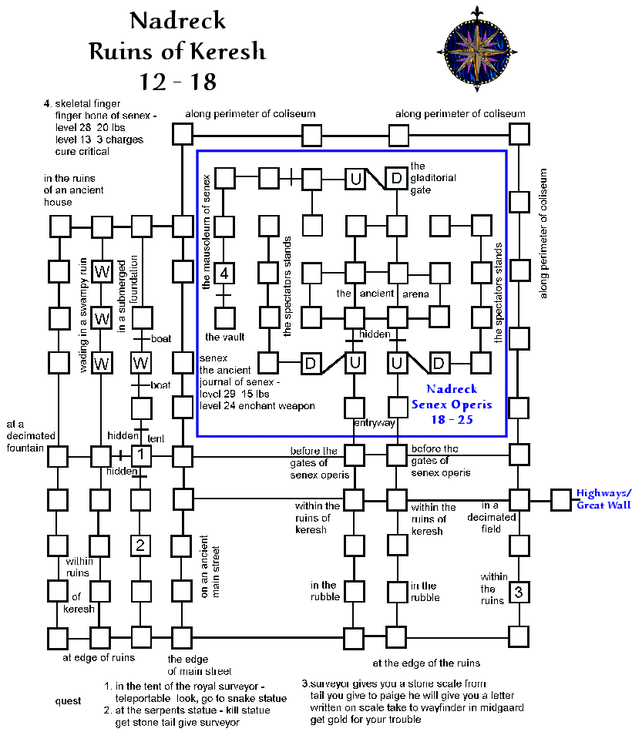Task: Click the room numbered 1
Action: click(140, 456)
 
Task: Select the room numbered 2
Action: click(140, 546)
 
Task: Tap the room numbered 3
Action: click(519, 593)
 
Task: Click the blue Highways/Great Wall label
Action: click(603, 499)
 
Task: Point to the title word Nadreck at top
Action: click(177, 21)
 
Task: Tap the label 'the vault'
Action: click(224, 337)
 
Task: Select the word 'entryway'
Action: click(375, 423)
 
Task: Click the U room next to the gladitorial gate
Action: click(355, 179)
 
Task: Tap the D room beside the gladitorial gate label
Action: click(396, 179)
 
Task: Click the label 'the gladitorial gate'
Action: click(432, 178)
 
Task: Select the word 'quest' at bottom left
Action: click(69, 701)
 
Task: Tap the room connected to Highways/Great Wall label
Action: click(560, 499)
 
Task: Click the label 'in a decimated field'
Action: click(491, 517)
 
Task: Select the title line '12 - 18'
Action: click(178, 81)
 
